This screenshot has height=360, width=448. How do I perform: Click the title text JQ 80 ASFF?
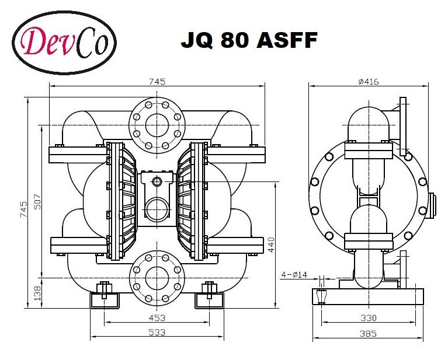pyautogui.click(x=249, y=41)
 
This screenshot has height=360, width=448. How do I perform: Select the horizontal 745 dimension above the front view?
pyautogui.click(x=157, y=82)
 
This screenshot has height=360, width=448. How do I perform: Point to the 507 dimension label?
pyautogui.click(x=36, y=201)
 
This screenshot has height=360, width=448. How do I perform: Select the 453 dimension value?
pyautogui.click(x=157, y=318)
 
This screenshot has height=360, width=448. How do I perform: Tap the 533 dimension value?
pyautogui.click(x=157, y=332)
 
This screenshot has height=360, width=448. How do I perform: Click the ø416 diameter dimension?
pyautogui.click(x=368, y=82)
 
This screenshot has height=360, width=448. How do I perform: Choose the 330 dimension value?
pyautogui.click(x=368, y=318)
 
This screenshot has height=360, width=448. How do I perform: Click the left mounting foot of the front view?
pyautogui.click(x=104, y=297)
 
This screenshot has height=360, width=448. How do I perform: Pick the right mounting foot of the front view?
pyautogui.click(x=210, y=297)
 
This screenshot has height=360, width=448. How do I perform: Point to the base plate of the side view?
pyautogui.click(x=368, y=295)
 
